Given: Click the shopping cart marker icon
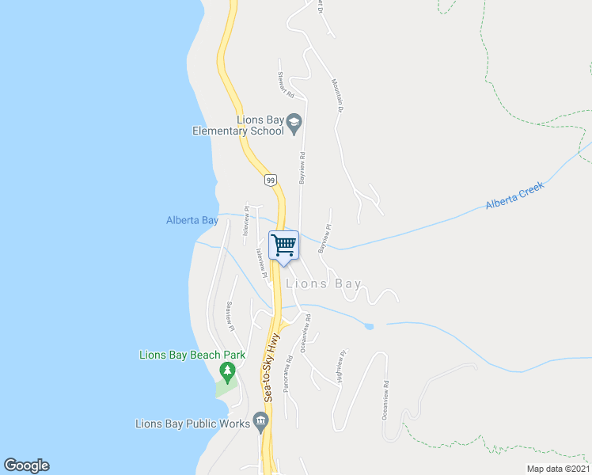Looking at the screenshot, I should pyautogui.click(x=284, y=245).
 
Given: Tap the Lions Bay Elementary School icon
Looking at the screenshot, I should pyautogui.click(x=294, y=121).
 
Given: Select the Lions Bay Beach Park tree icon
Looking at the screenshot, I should pyautogui.click(x=228, y=370).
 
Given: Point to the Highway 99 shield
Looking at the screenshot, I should pyautogui.click(x=271, y=180).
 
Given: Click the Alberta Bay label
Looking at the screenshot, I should pyautogui.click(x=192, y=221).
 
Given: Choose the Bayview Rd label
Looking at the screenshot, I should pyautogui.click(x=302, y=168).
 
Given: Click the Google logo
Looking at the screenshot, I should pyautogui.click(x=26, y=465).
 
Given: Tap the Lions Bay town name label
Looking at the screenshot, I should pyautogui.click(x=324, y=283).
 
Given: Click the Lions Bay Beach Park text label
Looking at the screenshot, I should pyautogui.click(x=192, y=355).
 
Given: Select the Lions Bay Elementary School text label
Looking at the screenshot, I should pyautogui.click(x=237, y=126).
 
